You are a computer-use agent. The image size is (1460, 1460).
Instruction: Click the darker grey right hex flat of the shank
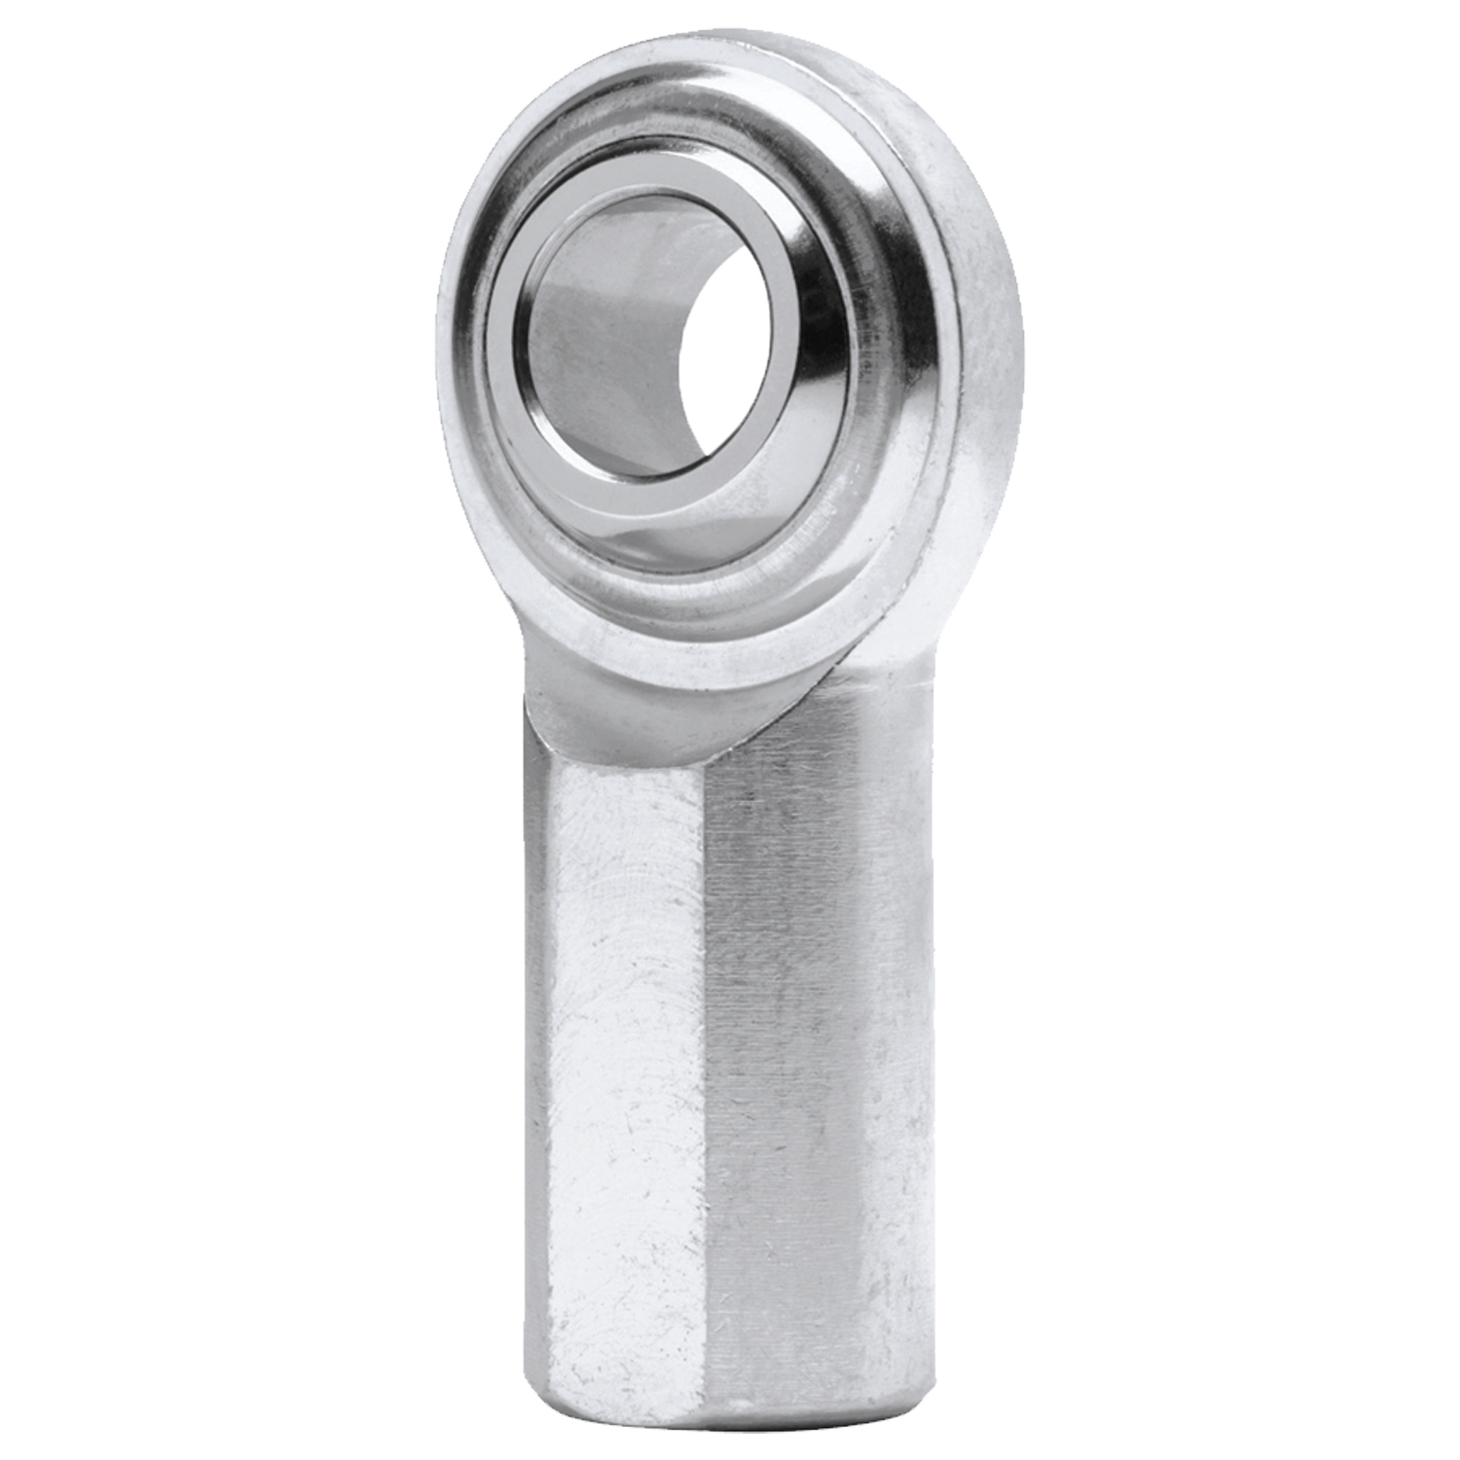(x=808, y=1071)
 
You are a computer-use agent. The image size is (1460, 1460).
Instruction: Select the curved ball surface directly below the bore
(x=672, y=526)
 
